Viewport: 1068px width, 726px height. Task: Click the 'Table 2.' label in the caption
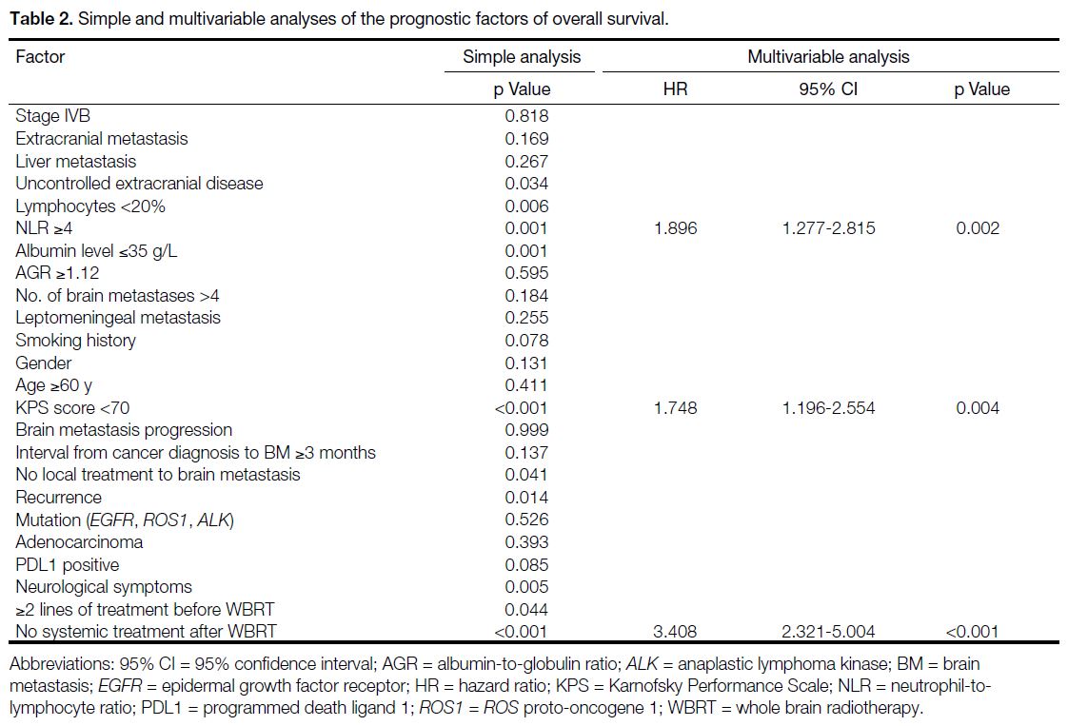(x=42, y=18)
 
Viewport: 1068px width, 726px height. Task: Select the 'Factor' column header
(x=40, y=56)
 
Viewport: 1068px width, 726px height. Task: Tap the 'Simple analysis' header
(x=522, y=56)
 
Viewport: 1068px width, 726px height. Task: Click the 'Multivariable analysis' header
(x=828, y=56)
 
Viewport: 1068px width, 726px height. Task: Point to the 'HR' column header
(x=675, y=89)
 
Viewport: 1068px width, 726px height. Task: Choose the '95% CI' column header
(x=828, y=89)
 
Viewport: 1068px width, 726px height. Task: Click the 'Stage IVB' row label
(x=53, y=116)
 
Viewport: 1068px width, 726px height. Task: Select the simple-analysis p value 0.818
(x=526, y=116)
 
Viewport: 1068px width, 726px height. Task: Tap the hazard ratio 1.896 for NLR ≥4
(x=675, y=228)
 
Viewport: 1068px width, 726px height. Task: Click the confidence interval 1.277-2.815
(x=828, y=228)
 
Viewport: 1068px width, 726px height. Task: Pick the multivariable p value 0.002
(x=978, y=228)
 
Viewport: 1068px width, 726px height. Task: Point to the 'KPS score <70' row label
(x=72, y=408)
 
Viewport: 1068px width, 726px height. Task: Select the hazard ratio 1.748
(x=675, y=408)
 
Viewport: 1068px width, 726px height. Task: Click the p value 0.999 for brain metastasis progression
(x=526, y=430)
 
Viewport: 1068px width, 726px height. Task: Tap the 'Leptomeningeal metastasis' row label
(x=118, y=318)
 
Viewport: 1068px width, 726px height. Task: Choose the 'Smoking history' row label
(x=75, y=341)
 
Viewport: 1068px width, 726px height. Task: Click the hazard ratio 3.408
(x=675, y=632)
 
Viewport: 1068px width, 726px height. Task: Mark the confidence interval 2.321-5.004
(x=828, y=632)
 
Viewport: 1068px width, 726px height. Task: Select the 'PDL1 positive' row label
(x=68, y=564)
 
